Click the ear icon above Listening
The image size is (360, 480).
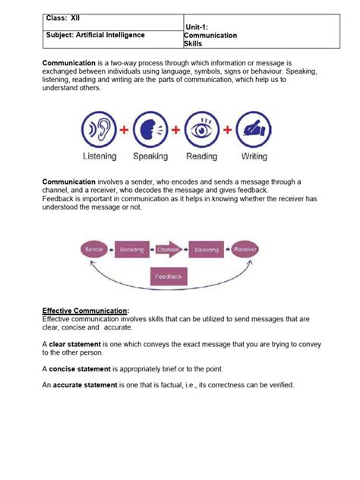coord(99,129)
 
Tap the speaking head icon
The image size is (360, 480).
coord(150,129)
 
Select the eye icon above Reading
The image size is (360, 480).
coord(202,129)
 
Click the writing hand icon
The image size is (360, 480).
coord(254,129)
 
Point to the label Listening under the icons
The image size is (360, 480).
coord(99,156)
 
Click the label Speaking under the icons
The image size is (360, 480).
coord(150,156)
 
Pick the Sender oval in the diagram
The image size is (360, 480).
coord(93,248)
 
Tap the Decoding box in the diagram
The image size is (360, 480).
coord(207,248)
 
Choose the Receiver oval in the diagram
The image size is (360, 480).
coord(246,248)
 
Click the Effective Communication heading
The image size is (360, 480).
coord(86,311)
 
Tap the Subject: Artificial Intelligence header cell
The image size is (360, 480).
coord(95,35)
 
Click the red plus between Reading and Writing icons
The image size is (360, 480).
coord(228,129)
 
